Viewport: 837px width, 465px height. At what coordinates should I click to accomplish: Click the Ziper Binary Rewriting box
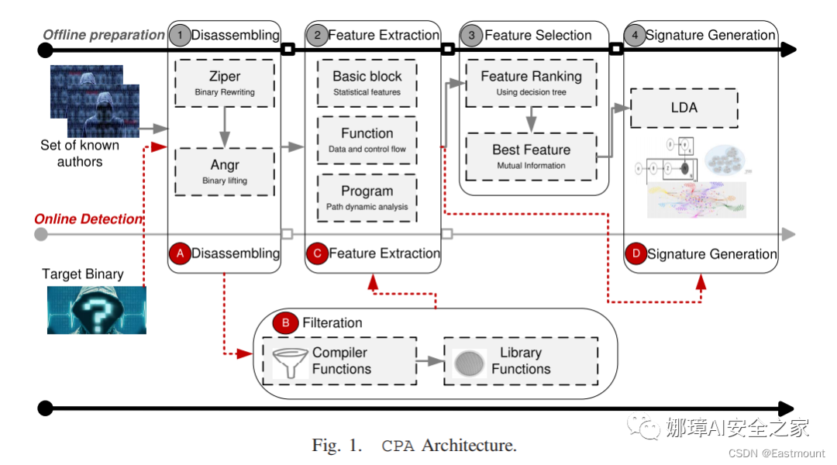[x=225, y=84]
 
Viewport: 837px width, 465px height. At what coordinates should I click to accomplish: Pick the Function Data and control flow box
[x=367, y=140]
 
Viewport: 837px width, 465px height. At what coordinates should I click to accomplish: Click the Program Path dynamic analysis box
[x=367, y=198]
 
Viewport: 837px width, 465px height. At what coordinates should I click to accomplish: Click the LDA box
[x=684, y=108]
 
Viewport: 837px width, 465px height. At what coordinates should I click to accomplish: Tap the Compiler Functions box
[x=339, y=360]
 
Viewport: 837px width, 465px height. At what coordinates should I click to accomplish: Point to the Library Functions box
[x=520, y=360]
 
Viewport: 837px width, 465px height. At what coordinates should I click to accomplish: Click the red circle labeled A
[x=180, y=253]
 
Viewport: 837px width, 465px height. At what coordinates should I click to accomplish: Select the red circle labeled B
[x=286, y=322]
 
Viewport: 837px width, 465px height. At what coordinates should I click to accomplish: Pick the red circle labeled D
[x=635, y=253]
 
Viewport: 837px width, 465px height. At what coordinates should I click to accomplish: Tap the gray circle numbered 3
[x=472, y=35]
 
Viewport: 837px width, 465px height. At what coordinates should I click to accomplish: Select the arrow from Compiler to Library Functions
[x=429, y=360]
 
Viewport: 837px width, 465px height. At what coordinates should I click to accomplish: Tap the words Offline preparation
[x=104, y=35]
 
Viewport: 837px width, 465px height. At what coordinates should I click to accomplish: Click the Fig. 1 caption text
[x=414, y=446]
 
